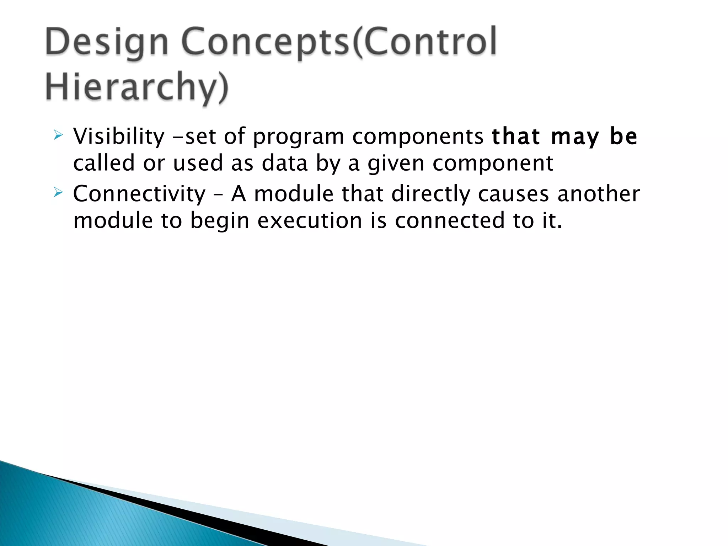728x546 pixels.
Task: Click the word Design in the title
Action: tap(107, 43)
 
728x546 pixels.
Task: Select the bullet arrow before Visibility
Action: tap(58, 135)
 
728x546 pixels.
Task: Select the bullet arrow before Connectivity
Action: tap(58, 193)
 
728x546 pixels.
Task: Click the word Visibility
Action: tap(119, 136)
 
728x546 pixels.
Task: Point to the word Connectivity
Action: tap(139, 194)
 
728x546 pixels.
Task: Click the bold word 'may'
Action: tap(575, 137)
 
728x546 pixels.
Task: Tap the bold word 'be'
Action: tap(623, 136)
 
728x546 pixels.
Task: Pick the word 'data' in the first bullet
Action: tap(284, 163)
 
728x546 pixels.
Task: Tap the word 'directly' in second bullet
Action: tap(430, 194)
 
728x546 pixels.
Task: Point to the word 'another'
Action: tap(599, 194)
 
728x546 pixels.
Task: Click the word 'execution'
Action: tap(310, 221)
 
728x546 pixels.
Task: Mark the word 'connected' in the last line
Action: tap(450, 220)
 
